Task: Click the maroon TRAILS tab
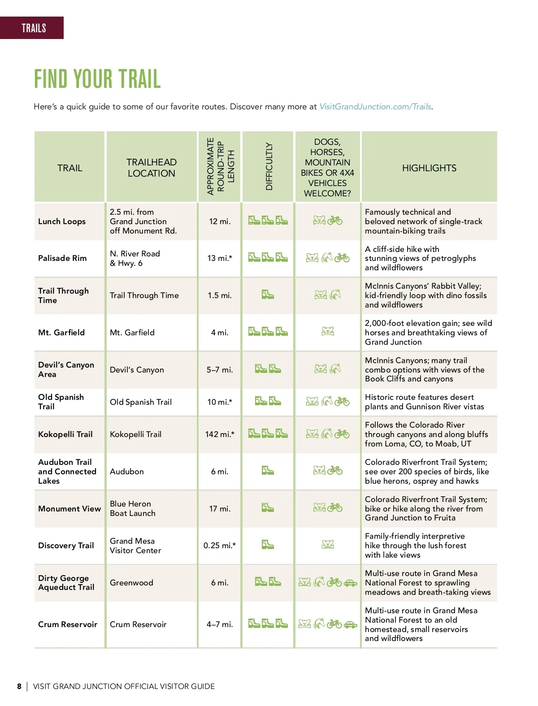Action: point(33,28)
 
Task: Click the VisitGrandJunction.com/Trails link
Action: point(375,107)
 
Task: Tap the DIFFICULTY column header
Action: point(269,166)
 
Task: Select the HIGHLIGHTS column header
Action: point(429,168)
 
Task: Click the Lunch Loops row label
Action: point(62,221)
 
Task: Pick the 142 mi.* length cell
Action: point(220,434)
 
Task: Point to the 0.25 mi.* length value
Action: point(220,546)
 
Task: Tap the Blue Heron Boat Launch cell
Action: point(133,508)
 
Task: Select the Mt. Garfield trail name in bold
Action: point(61,333)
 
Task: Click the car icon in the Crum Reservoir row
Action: point(351,624)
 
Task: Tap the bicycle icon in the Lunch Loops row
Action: point(335,221)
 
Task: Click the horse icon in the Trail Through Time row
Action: point(335,295)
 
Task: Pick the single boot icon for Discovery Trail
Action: point(268,545)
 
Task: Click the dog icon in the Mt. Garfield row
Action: point(328,331)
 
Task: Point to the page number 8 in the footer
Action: point(19,686)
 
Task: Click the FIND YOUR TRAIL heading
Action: point(97,79)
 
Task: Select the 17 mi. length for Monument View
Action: point(220,509)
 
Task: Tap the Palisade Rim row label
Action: point(62,258)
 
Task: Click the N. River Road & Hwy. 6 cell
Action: point(134,258)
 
